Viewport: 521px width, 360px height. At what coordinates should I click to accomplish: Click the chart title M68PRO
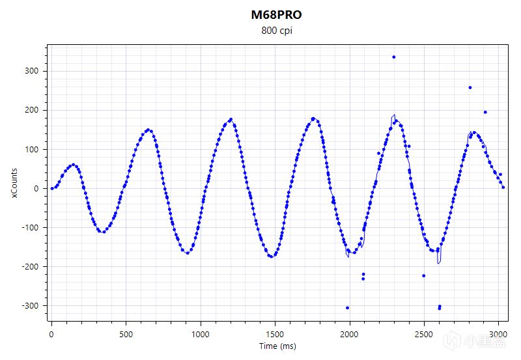pos(276,14)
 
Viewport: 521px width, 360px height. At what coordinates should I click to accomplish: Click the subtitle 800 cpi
pos(276,30)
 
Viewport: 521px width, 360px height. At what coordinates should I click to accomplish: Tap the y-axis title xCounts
pos(14,183)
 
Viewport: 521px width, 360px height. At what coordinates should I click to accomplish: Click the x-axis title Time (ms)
pos(276,346)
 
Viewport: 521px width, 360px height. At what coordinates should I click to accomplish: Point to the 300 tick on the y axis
pos(33,71)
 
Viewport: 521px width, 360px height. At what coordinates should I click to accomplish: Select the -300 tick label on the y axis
pos(32,305)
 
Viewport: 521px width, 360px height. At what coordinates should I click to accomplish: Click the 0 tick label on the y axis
pos(38,188)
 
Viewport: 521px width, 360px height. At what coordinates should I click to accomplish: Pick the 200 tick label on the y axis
pos(33,110)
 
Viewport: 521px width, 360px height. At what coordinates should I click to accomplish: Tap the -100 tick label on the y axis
pos(32,227)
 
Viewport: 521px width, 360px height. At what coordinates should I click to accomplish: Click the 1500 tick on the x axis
pos(275,333)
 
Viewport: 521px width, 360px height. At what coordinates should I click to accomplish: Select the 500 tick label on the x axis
pos(126,333)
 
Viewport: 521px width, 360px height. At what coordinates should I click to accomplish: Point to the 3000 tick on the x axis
pos(499,333)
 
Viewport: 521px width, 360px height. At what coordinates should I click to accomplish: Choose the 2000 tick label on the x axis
pos(350,333)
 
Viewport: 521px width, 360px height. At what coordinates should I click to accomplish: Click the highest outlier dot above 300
pos(394,57)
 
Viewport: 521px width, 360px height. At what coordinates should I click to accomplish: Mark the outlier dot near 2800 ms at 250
pos(470,87)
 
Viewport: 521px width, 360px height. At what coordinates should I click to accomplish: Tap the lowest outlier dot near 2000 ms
pos(348,307)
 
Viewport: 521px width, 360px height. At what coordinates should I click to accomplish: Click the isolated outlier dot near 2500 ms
pos(423,275)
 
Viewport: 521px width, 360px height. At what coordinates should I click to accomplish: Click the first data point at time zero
pos(52,188)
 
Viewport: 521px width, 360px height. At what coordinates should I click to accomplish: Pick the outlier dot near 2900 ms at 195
pos(485,112)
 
